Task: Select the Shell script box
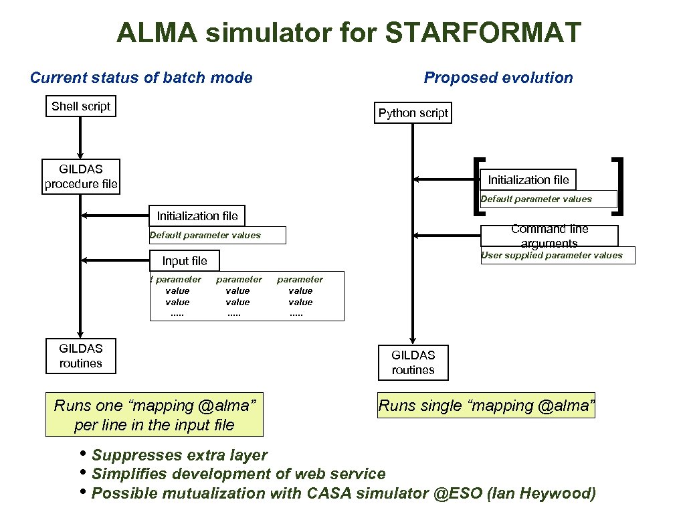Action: pos(80,106)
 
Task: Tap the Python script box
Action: pos(413,113)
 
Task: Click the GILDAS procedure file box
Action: pos(80,177)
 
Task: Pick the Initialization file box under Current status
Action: pos(197,216)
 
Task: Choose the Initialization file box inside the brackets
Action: pos(528,179)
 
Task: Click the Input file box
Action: pos(185,261)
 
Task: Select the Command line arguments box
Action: pos(549,235)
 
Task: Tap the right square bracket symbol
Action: pos(619,186)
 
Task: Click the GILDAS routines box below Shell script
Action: pos(80,355)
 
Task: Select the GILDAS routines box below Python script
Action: pos(413,362)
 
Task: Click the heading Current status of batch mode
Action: pos(141,78)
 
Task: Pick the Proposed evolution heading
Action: pos(498,78)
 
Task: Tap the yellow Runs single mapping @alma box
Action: pos(486,405)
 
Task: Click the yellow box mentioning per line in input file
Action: pos(154,415)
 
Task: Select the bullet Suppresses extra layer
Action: pos(179,455)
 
